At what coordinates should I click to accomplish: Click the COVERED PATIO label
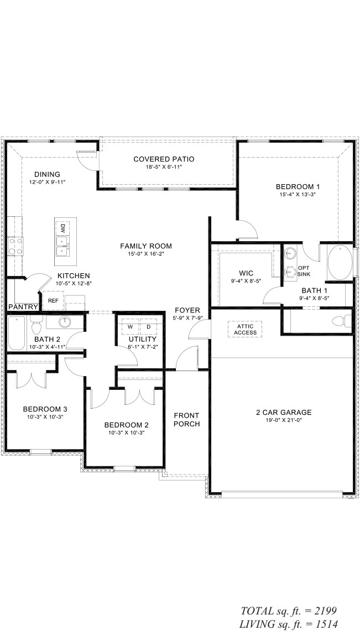tap(164, 159)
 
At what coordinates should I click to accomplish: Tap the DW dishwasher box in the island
tap(63, 227)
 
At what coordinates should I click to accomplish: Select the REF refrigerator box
tap(53, 300)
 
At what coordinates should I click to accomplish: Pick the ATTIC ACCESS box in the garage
tap(245, 330)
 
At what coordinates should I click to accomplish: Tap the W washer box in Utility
tap(131, 326)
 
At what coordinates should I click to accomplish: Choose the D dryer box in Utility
tap(148, 326)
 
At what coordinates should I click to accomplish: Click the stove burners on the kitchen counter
tap(15, 246)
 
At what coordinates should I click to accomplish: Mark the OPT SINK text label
tap(304, 271)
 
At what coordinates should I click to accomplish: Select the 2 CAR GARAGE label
tap(284, 413)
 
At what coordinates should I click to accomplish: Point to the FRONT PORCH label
tap(187, 420)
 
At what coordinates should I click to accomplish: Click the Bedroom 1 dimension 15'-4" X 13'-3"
tap(298, 194)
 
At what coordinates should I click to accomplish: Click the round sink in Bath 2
tap(65, 322)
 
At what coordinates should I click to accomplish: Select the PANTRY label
tap(23, 306)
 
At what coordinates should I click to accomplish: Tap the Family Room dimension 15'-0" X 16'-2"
tap(146, 253)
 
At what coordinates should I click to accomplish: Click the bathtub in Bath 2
tap(17, 333)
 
